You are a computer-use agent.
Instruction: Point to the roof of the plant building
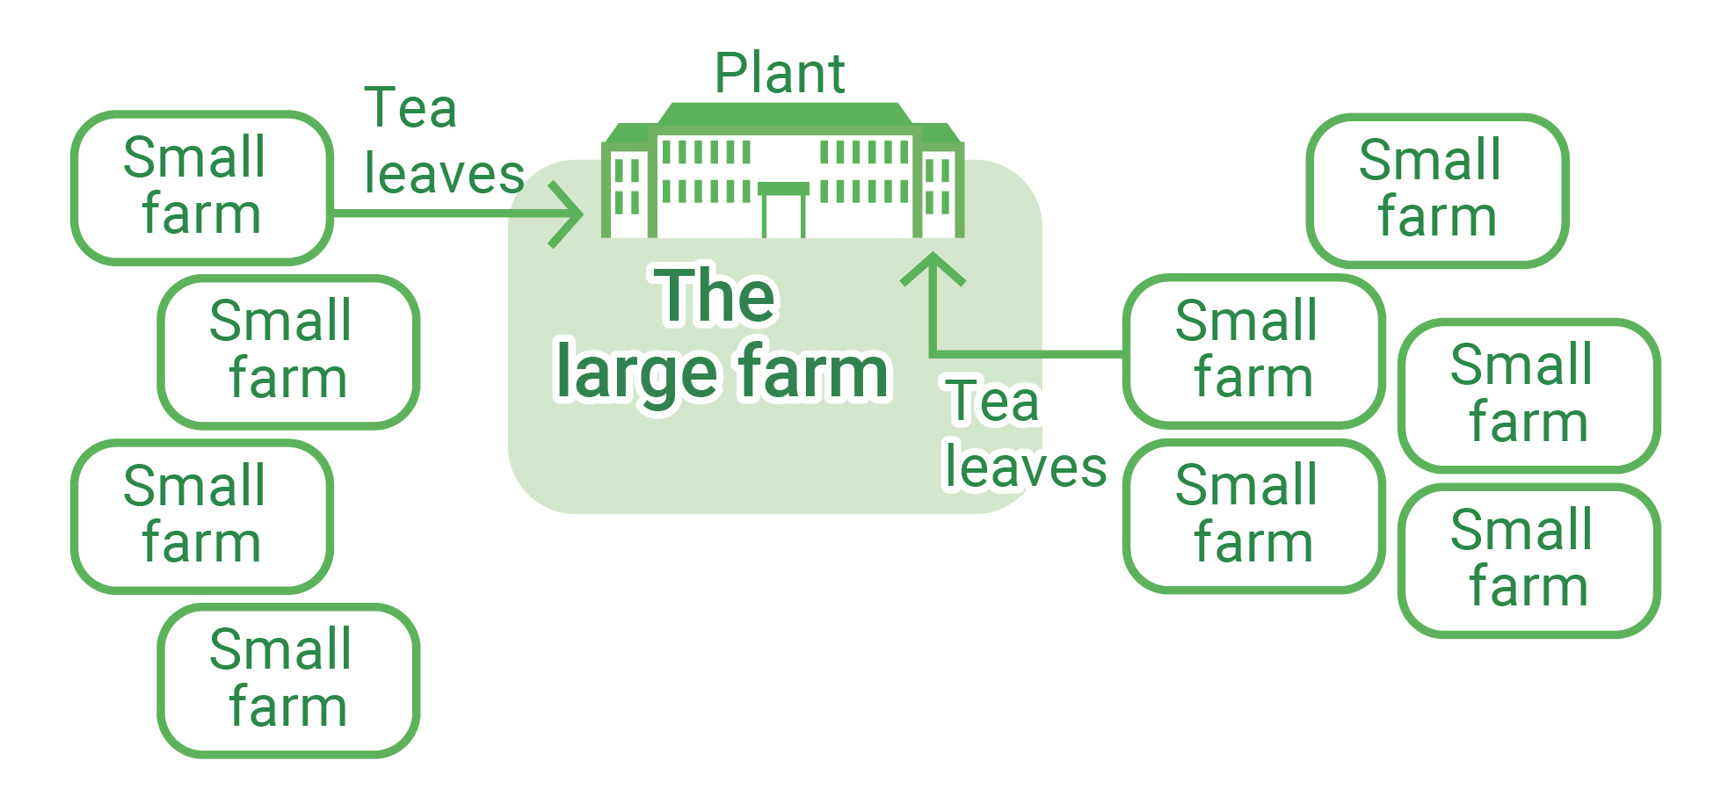pos(784,114)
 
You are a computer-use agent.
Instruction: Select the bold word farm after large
pos(812,371)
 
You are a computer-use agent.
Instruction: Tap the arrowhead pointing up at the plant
pos(933,266)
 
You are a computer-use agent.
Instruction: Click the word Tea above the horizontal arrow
pos(410,108)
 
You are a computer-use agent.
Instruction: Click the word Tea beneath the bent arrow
pos(992,402)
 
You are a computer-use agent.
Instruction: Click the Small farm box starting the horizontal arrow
pos(202,187)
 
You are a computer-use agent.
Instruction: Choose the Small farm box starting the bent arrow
pos(1253,351)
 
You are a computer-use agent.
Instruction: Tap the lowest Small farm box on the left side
pos(288,679)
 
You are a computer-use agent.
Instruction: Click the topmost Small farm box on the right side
pos(1437,190)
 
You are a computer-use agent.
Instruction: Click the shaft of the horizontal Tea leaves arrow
pos(439,214)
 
